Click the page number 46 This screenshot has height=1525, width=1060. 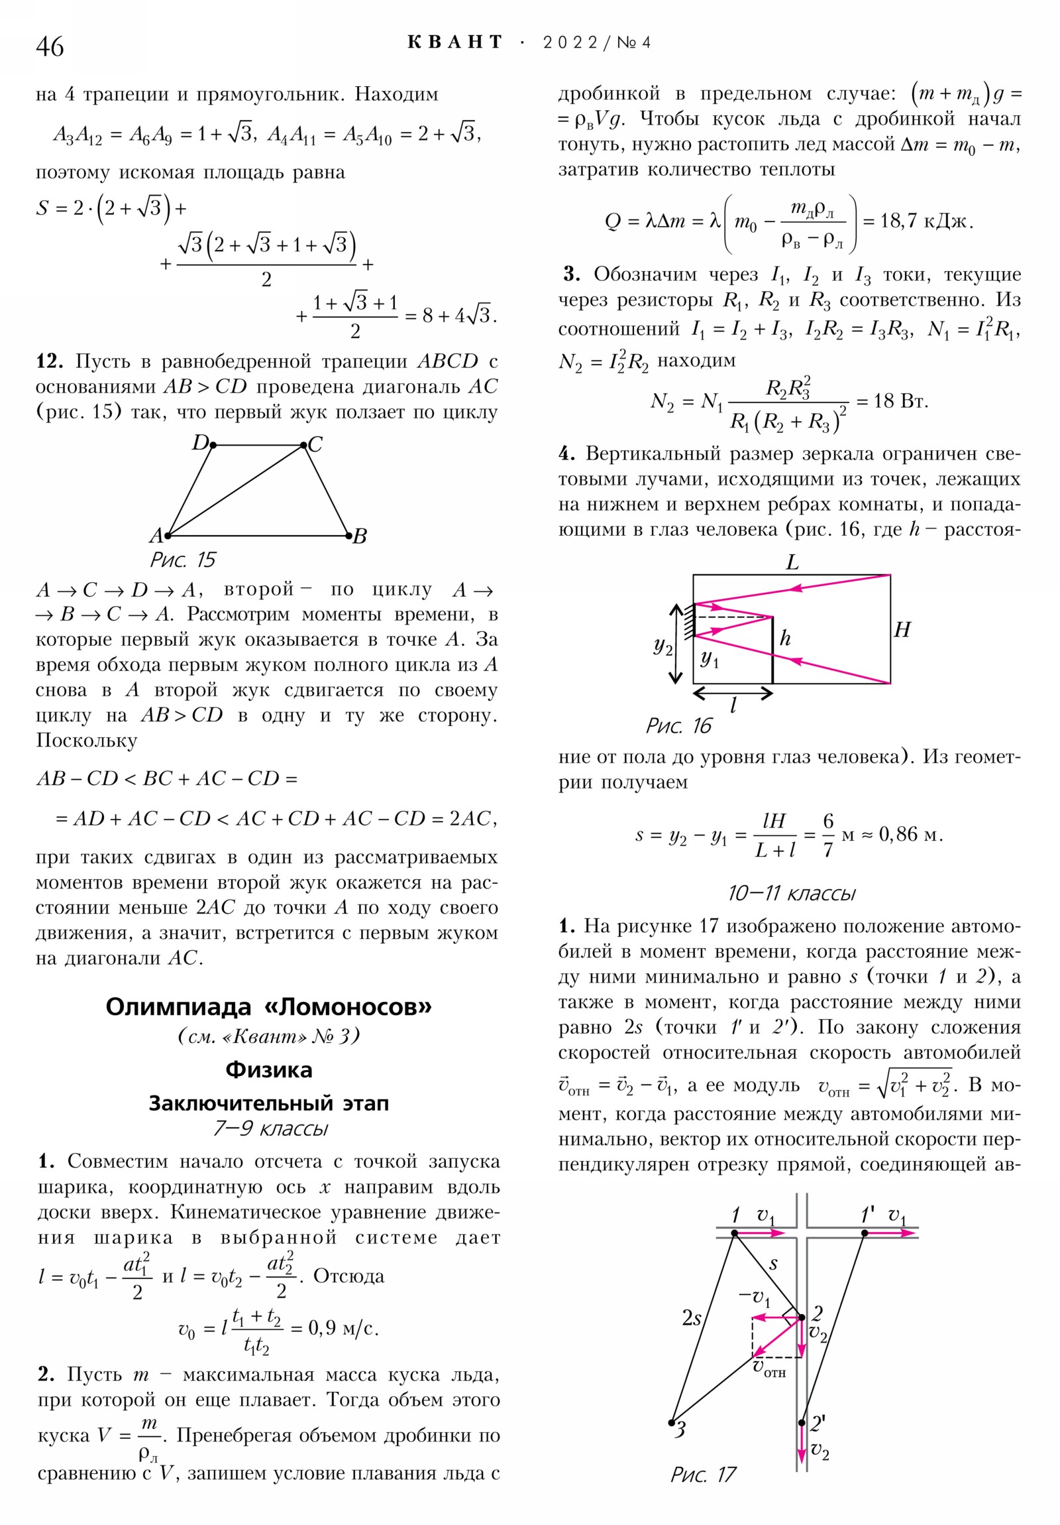point(50,46)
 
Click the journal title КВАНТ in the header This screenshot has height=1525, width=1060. point(455,43)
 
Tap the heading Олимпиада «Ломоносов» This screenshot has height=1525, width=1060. point(268,1007)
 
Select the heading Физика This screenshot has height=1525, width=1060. point(268,1070)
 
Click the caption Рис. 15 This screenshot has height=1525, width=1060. point(183,560)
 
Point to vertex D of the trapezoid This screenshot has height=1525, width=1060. point(213,445)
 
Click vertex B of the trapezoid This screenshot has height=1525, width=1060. point(349,535)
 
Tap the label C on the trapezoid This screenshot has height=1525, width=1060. point(315,444)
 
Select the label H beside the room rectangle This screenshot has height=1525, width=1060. point(902,630)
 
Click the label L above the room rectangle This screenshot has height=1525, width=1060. point(792,563)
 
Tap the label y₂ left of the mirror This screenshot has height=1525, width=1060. point(662,645)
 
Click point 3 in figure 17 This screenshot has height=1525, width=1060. point(672,1423)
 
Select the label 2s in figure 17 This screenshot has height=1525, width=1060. point(692,1317)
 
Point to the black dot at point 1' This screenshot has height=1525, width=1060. point(864,1233)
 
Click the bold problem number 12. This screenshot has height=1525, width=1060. point(49,361)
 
